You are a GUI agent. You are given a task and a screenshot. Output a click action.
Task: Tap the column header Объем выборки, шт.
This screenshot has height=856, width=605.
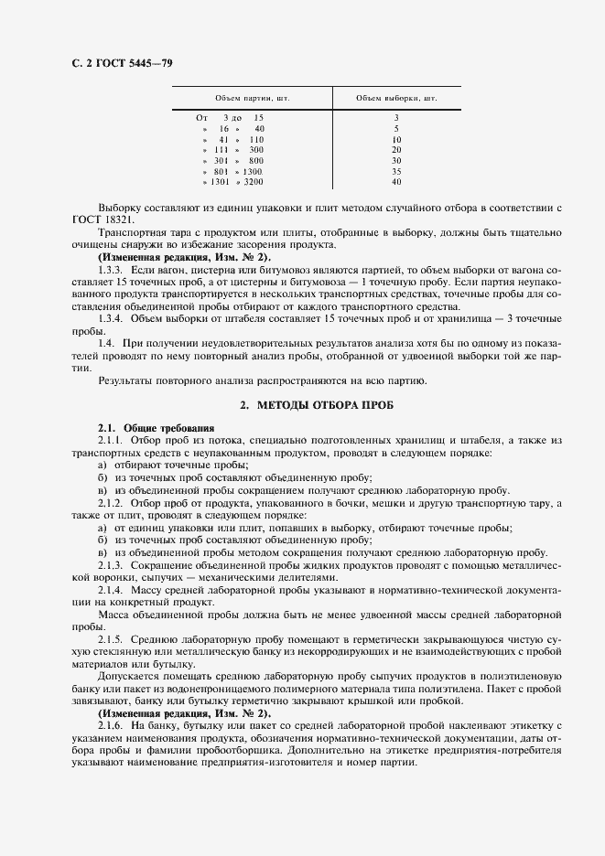point(396,98)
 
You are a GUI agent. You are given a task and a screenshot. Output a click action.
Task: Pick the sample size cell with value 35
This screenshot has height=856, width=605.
point(396,171)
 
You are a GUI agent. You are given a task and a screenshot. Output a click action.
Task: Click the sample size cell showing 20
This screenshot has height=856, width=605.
point(396,149)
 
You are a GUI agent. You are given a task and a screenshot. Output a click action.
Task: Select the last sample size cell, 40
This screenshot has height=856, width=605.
point(396,182)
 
